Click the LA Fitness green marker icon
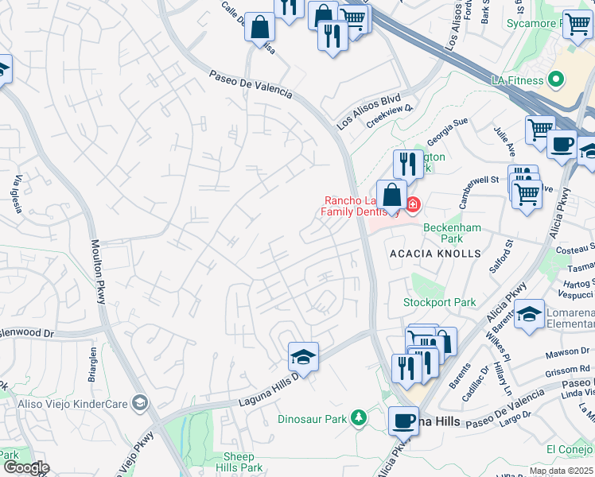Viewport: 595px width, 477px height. [x=556, y=80]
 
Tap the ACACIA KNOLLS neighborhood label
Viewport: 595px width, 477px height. [x=435, y=253]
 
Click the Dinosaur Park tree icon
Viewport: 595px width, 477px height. [x=360, y=417]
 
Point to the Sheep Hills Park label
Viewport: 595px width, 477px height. [x=239, y=462]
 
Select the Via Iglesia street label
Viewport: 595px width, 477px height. [x=17, y=195]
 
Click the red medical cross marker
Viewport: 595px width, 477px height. [x=412, y=205]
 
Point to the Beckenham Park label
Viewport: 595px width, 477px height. [x=452, y=233]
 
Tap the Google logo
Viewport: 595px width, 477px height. [x=25, y=467]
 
